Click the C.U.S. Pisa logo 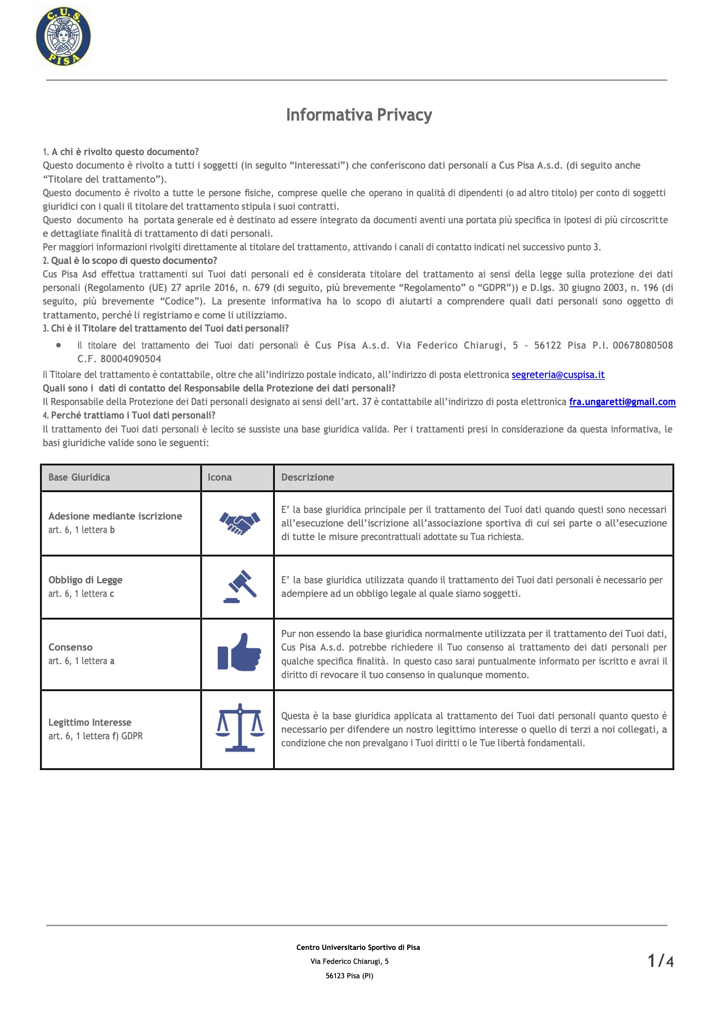pyautogui.click(x=63, y=37)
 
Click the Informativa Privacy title pyautogui.click(x=359, y=115)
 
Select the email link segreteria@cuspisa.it pyautogui.click(x=558, y=374)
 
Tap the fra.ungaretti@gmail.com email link pyautogui.click(x=622, y=402)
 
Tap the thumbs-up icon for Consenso pyautogui.click(x=239, y=652)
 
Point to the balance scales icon pyautogui.click(x=239, y=728)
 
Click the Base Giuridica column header pyautogui.click(x=79, y=478)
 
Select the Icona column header pyautogui.click(x=219, y=478)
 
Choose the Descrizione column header pyautogui.click(x=307, y=478)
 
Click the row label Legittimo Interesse pyautogui.click(x=90, y=722)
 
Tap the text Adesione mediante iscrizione pyautogui.click(x=115, y=516)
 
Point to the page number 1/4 pyautogui.click(x=660, y=961)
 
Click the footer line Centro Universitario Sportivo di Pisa pyautogui.click(x=358, y=947)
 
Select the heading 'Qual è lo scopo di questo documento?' pyautogui.click(x=134, y=260)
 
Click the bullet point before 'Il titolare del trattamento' pyautogui.click(x=59, y=345)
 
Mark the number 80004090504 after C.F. pyautogui.click(x=131, y=359)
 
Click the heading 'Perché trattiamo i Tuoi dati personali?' pyautogui.click(x=133, y=416)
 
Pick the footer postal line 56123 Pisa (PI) pyautogui.click(x=349, y=976)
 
